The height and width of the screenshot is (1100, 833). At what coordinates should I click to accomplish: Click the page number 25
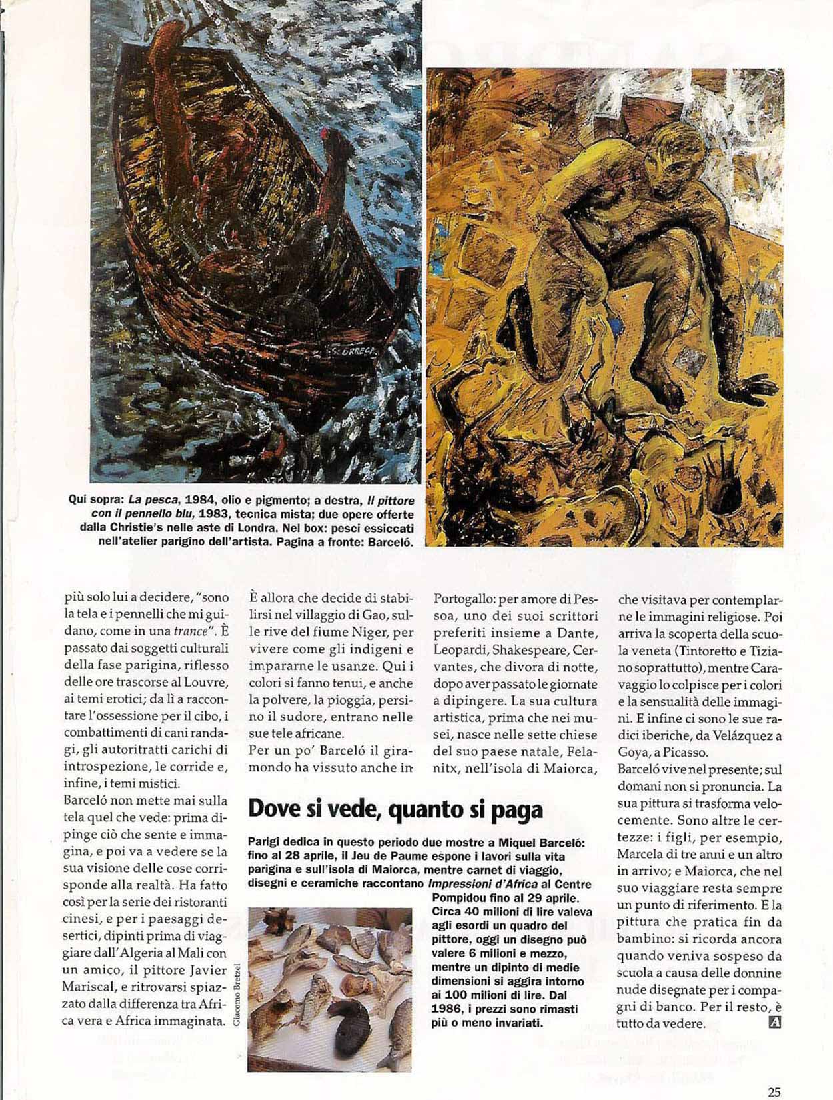[x=774, y=1074]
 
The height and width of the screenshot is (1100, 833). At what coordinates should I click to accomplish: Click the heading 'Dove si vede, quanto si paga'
[x=395, y=809]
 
